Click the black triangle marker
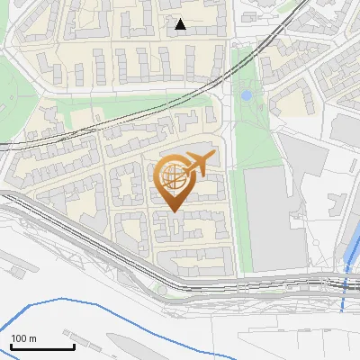tap(181, 24)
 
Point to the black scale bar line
tap(42, 346)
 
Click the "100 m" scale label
tap(23, 338)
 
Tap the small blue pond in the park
tap(246, 94)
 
